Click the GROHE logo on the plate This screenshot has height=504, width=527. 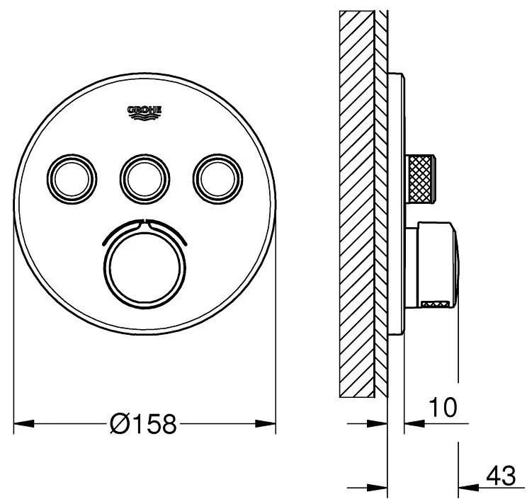(144, 113)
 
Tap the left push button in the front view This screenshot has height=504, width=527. (72, 179)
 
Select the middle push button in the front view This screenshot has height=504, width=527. (145, 179)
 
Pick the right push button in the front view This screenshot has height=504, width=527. (217, 179)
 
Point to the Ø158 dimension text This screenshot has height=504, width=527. (143, 423)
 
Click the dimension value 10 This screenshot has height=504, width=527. (443, 407)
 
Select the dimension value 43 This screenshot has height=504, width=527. (501, 476)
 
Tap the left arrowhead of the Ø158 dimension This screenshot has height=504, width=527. (24, 423)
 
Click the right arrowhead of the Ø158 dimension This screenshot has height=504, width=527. (265, 423)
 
